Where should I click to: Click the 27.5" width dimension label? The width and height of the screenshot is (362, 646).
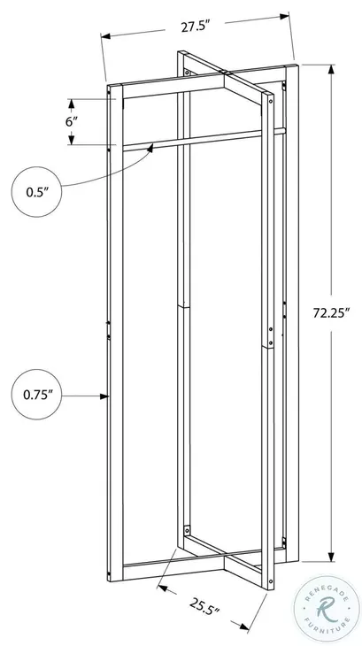pos(195,27)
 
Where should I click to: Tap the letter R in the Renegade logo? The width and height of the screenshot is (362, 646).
pos(326,608)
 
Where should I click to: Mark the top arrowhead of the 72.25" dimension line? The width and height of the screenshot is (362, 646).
pos(331,69)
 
